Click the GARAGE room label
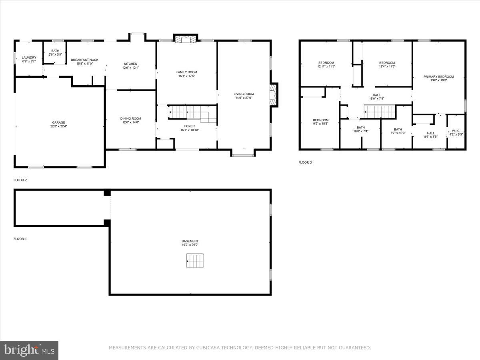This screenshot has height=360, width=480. tap(58, 122)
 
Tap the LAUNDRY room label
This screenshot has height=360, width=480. tap(29, 58)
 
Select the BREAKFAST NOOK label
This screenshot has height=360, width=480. tap(84, 60)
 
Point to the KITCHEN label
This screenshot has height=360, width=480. tap(130, 64)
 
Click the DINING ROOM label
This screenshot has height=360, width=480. tap(131, 118)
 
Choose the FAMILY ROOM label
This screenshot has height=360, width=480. tap(187, 72)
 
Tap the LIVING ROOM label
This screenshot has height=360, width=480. tap(244, 94)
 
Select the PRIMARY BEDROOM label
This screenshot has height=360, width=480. tap(439, 76)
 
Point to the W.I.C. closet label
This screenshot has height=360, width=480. tap(456, 130)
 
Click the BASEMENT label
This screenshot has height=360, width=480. tap(190, 241)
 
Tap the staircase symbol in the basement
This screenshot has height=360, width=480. tap(195, 261)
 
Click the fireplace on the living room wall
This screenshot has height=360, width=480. tap(274, 95)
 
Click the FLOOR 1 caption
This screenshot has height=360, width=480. tap(20, 239)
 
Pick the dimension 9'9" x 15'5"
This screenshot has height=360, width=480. tap(321, 124)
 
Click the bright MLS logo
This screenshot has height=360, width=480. tap(29, 350)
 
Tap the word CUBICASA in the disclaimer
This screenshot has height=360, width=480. tap(210, 348)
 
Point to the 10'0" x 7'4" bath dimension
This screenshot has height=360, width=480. tap(361, 131)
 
